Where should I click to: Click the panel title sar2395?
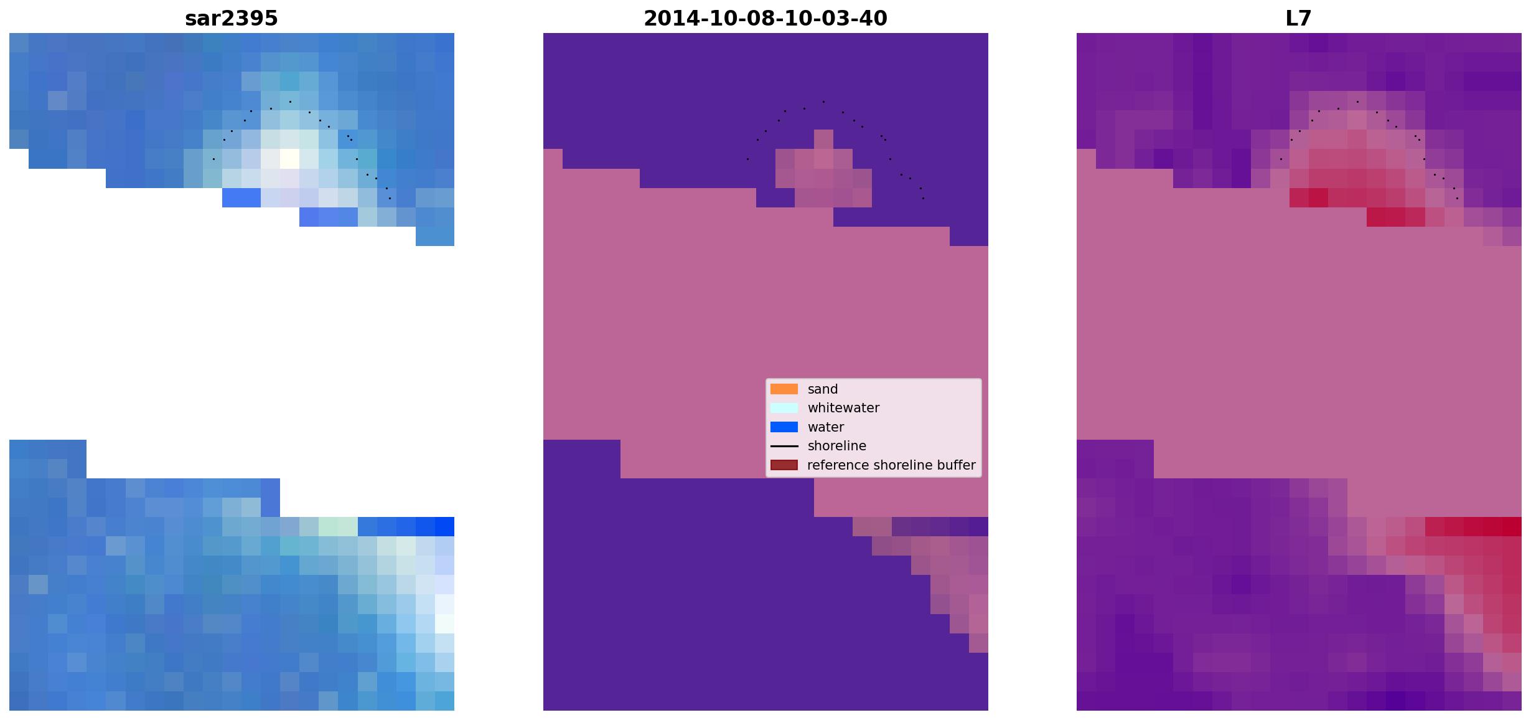232,18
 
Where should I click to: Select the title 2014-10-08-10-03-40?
765,18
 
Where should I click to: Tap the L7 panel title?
1299,18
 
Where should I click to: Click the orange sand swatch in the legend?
784,389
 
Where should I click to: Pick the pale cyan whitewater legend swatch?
784,408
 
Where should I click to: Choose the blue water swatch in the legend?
784,427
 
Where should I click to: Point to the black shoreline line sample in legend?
784,446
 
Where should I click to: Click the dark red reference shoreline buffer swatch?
784,465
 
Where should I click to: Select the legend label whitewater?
843,408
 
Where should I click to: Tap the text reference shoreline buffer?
891,465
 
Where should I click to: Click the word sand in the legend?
823,389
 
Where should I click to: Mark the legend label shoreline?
837,446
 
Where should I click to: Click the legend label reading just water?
826,427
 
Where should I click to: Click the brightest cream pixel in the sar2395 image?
289,159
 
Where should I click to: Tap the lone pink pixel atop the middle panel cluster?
823,140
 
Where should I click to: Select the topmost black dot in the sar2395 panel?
290,102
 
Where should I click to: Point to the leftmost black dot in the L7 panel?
1281,159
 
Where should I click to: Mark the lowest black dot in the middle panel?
923,198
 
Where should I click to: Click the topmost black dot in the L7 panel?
1357,102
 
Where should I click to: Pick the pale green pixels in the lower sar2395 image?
338,526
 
